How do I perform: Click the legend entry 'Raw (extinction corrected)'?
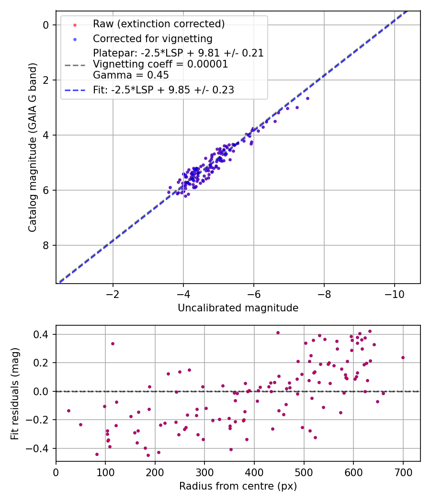(x=159, y=24)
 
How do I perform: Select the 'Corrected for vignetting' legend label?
(x=153, y=38)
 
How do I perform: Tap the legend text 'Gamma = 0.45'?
(x=131, y=75)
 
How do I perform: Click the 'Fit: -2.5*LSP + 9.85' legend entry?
(x=163, y=90)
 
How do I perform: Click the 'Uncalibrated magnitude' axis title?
(x=238, y=308)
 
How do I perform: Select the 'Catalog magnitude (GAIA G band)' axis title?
(x=33, y=147)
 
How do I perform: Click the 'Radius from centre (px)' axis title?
(x=238, y=486)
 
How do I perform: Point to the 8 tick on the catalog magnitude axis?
(x=46, y=245)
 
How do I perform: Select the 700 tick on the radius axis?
(x=403, y=472)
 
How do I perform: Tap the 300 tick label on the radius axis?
(x=204, y=472)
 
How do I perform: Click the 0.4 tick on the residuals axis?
(x=43, y=334)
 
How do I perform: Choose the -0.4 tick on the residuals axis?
(x=40, y=448)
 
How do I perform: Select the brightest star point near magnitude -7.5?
(x=307, y=98)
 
